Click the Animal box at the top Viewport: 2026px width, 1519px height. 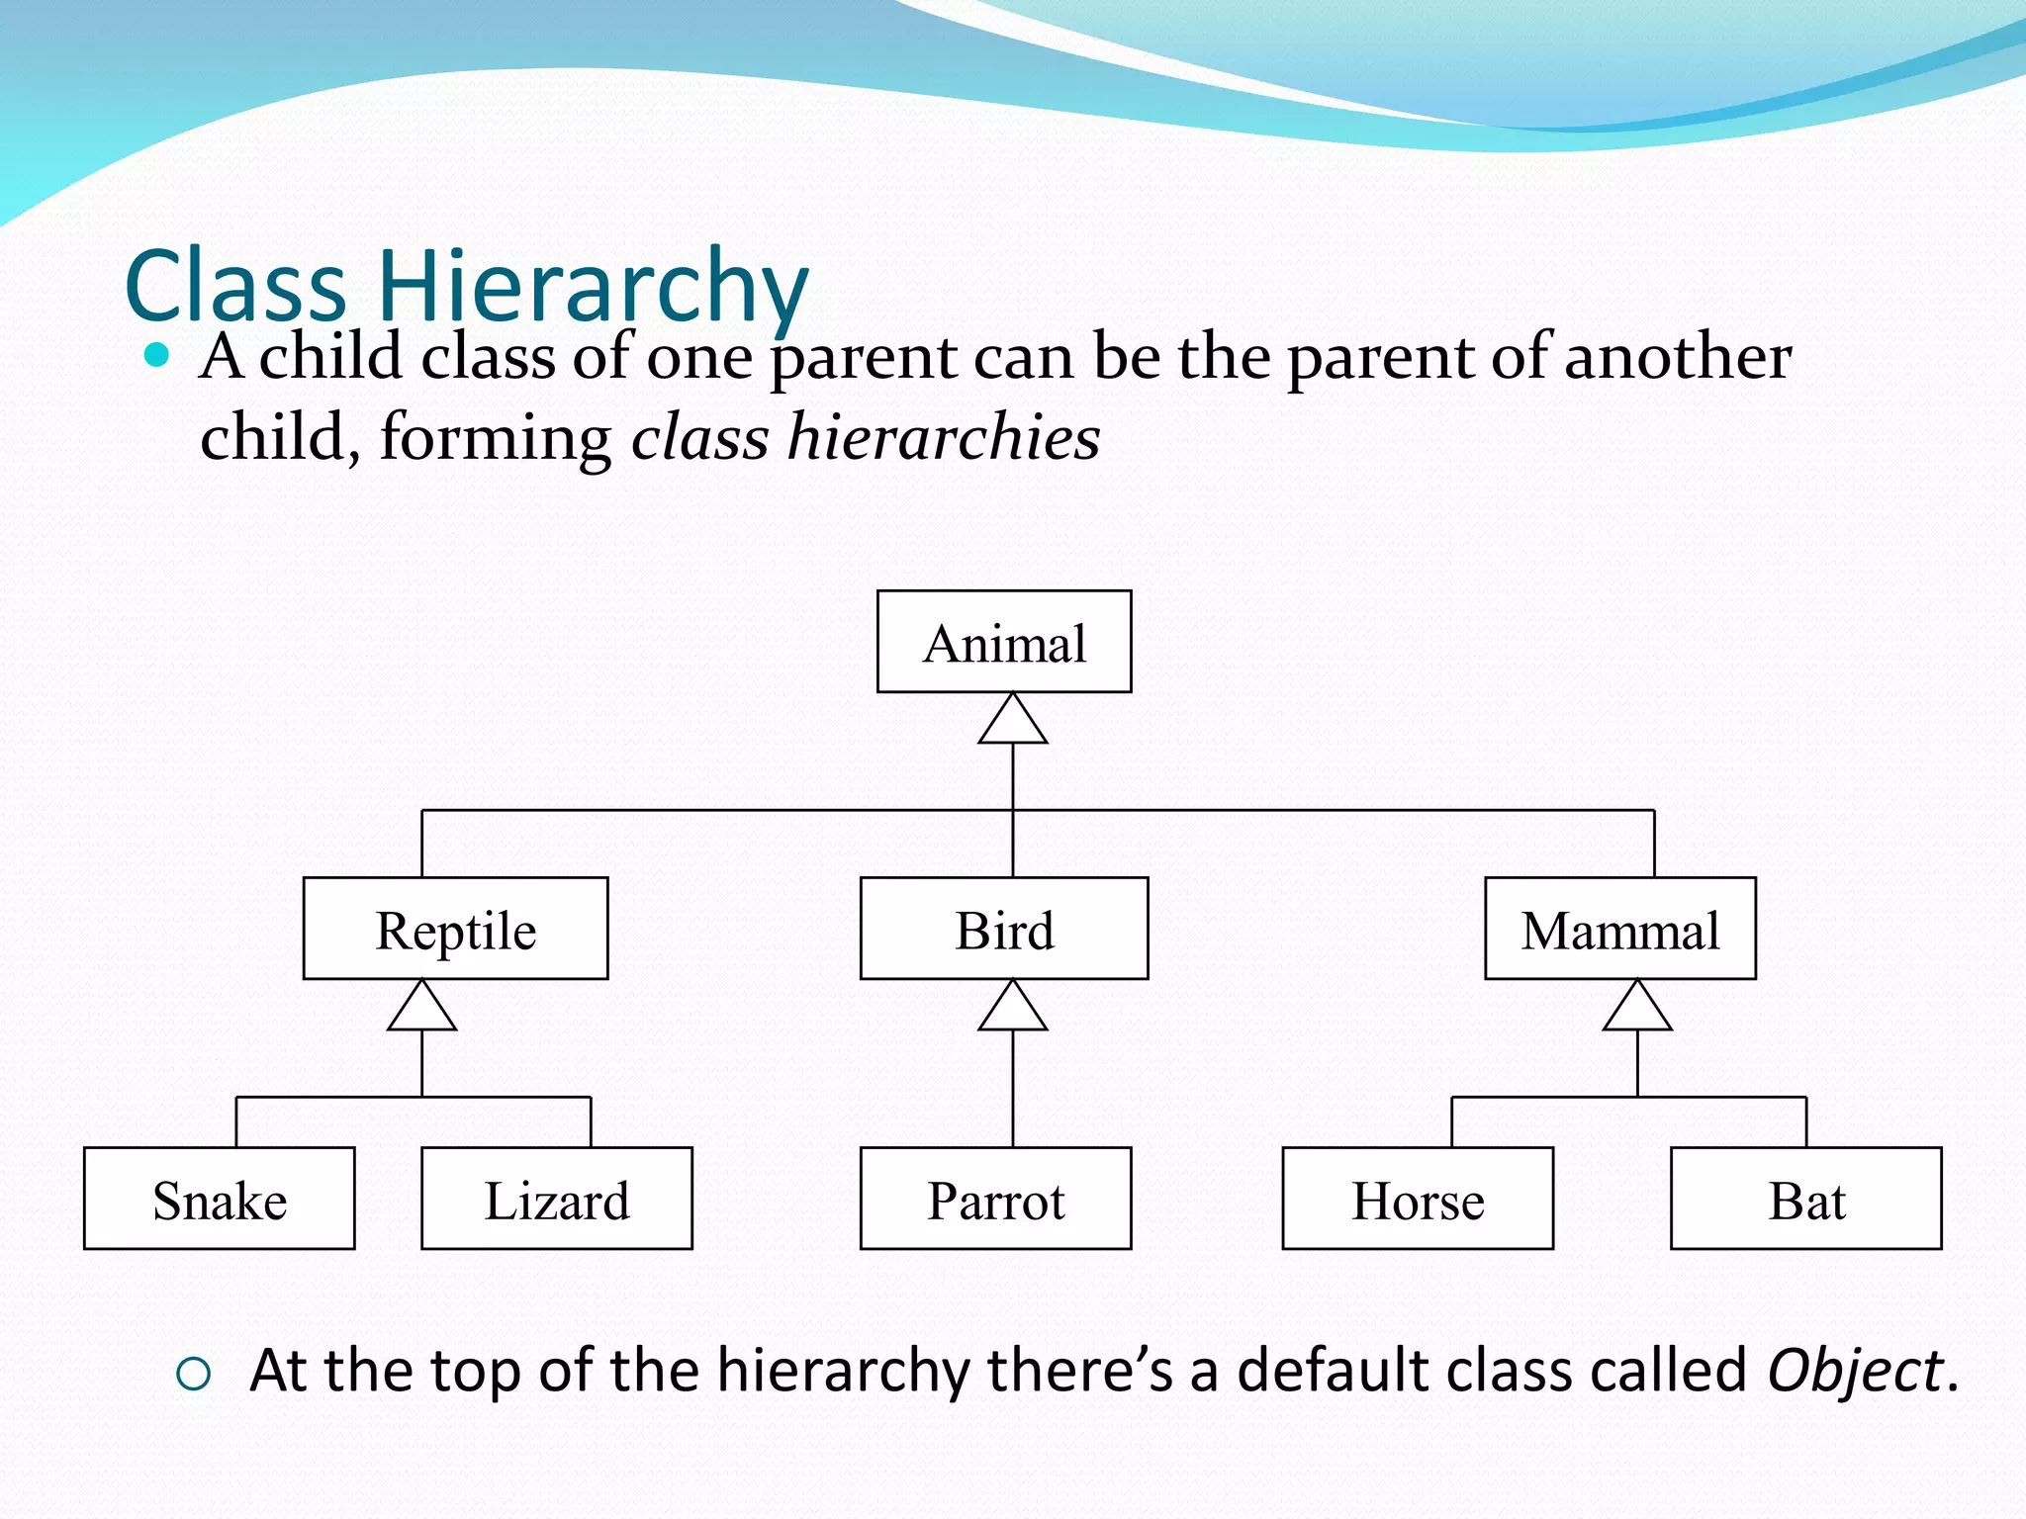click(x=1003, y=642)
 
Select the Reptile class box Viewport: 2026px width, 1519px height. click(x=455, y=929)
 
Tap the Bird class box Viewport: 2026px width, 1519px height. click(x=1003, y=929)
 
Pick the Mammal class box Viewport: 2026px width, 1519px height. click(x=1619, y=929)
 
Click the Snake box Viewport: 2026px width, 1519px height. click(x=219, y=1199)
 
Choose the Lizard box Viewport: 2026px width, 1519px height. click(x=556, y=1199)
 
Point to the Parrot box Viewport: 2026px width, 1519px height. click(x=995, y=1199)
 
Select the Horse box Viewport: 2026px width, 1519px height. click(x=1417, y=1199)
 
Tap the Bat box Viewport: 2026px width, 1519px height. click(x=1805, y=1199)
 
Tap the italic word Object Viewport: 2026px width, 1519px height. click(x=1855, y=1372)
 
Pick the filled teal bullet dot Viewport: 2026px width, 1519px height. click(x=156, y=354)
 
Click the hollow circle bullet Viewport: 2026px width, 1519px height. click(x=193, y=1374)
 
